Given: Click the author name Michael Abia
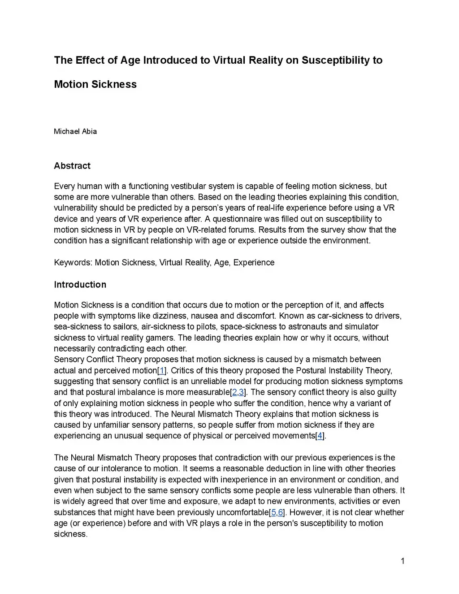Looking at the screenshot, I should coord(75,131).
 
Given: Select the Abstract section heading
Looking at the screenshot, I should coord(72,166).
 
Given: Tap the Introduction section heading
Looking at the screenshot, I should coord(80,285).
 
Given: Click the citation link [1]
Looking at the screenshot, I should coord(162,371).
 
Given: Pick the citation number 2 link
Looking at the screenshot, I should coord(234,392).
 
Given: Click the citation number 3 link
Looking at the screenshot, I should coord(241,392).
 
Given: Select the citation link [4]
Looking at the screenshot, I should coord(320,436).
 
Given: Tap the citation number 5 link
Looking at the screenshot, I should coord(273,512).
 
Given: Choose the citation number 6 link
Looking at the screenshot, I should coord(280,512).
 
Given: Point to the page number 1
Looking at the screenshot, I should coord(403,561).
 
